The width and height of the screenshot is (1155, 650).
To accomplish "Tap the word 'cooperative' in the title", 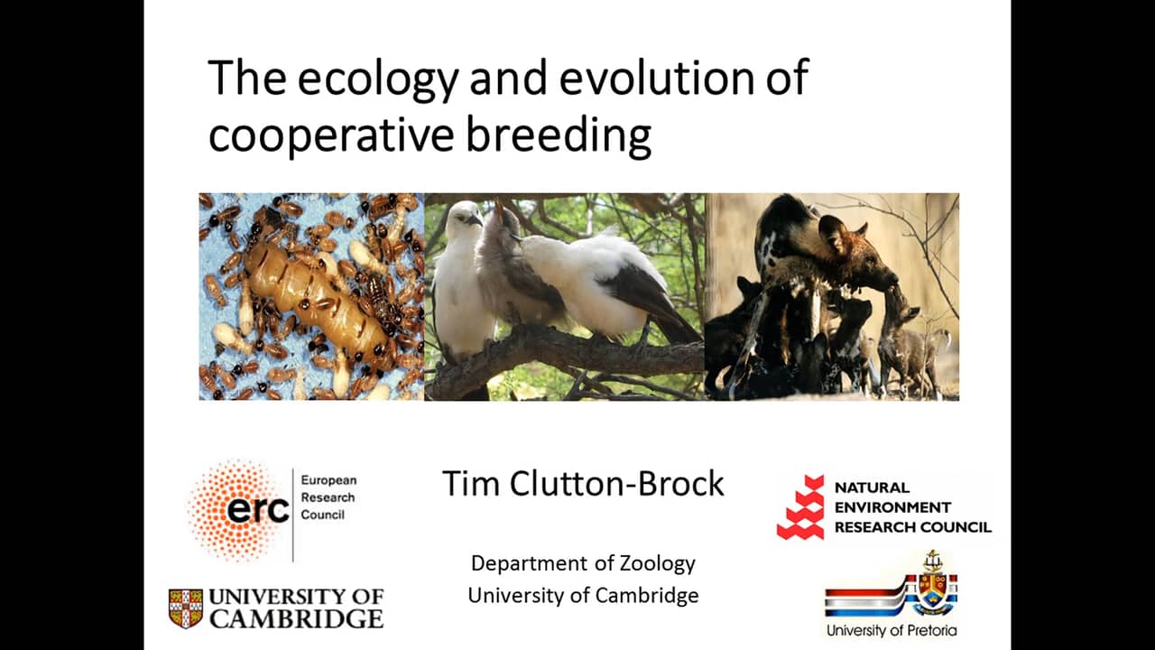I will click(330, 135).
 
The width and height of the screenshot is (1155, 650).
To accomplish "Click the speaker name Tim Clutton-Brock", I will click(583, 484).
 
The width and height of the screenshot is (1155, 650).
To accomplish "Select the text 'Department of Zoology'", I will click(583, 563).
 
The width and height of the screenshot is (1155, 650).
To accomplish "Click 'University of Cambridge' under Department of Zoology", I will click(583, 596).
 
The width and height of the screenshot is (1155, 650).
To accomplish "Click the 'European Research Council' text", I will click(328, 498).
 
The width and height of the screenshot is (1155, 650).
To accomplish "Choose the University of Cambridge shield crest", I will click(186, 608).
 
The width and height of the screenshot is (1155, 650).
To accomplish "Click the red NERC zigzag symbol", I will click(801, 507).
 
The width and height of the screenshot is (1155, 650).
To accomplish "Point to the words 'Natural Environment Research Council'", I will click(911, 507).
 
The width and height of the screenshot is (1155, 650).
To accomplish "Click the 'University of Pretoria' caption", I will click(891, 630).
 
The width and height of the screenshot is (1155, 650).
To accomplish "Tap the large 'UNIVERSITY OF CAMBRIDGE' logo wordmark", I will click(296, 608).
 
